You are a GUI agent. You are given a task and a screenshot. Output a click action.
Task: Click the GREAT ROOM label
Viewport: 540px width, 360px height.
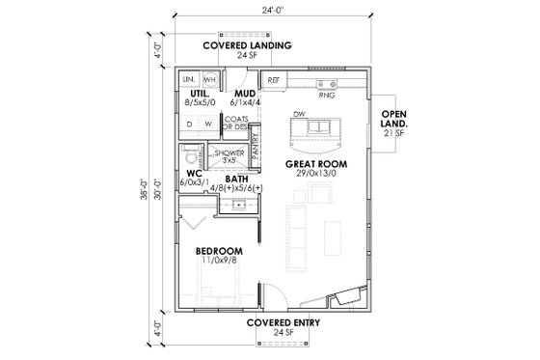[x=315, y=165]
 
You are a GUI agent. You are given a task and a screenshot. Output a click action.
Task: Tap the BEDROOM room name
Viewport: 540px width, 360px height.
[x=219, y=252]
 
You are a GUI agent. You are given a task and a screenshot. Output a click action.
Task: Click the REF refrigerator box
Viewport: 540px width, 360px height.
[x=274, y=80]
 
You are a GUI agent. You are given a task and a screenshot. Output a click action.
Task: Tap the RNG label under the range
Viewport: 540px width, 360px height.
[x=326, y=97]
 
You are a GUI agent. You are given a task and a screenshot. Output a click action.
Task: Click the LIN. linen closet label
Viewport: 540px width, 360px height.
[x=190, y=79]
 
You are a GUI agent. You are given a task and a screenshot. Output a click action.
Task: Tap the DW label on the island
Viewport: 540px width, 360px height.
[x=301, y=114]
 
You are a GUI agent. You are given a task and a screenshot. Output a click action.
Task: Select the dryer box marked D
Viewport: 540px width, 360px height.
[x=190, y=125]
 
